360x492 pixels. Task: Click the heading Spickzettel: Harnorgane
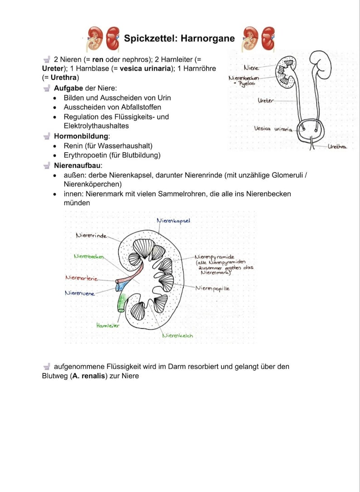179,38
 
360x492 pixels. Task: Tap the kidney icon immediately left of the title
112,38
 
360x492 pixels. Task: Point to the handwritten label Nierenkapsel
173,220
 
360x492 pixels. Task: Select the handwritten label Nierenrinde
91,235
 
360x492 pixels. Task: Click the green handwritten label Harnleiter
108,325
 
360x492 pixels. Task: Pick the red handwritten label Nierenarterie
81,278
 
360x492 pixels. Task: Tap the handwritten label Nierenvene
80,293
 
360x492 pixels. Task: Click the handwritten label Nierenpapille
212,288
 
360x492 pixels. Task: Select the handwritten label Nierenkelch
177,336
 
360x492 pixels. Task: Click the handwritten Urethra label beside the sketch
337,147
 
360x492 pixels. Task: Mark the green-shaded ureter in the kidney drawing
121,303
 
